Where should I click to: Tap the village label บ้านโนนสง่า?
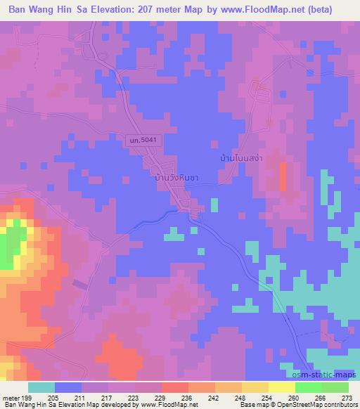click(241, 157)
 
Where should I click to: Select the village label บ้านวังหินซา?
click(176, 178)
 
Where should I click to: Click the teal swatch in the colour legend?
click(41, 387)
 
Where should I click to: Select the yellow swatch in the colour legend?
click(282, 387)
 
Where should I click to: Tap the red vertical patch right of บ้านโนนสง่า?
click(283, 176)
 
